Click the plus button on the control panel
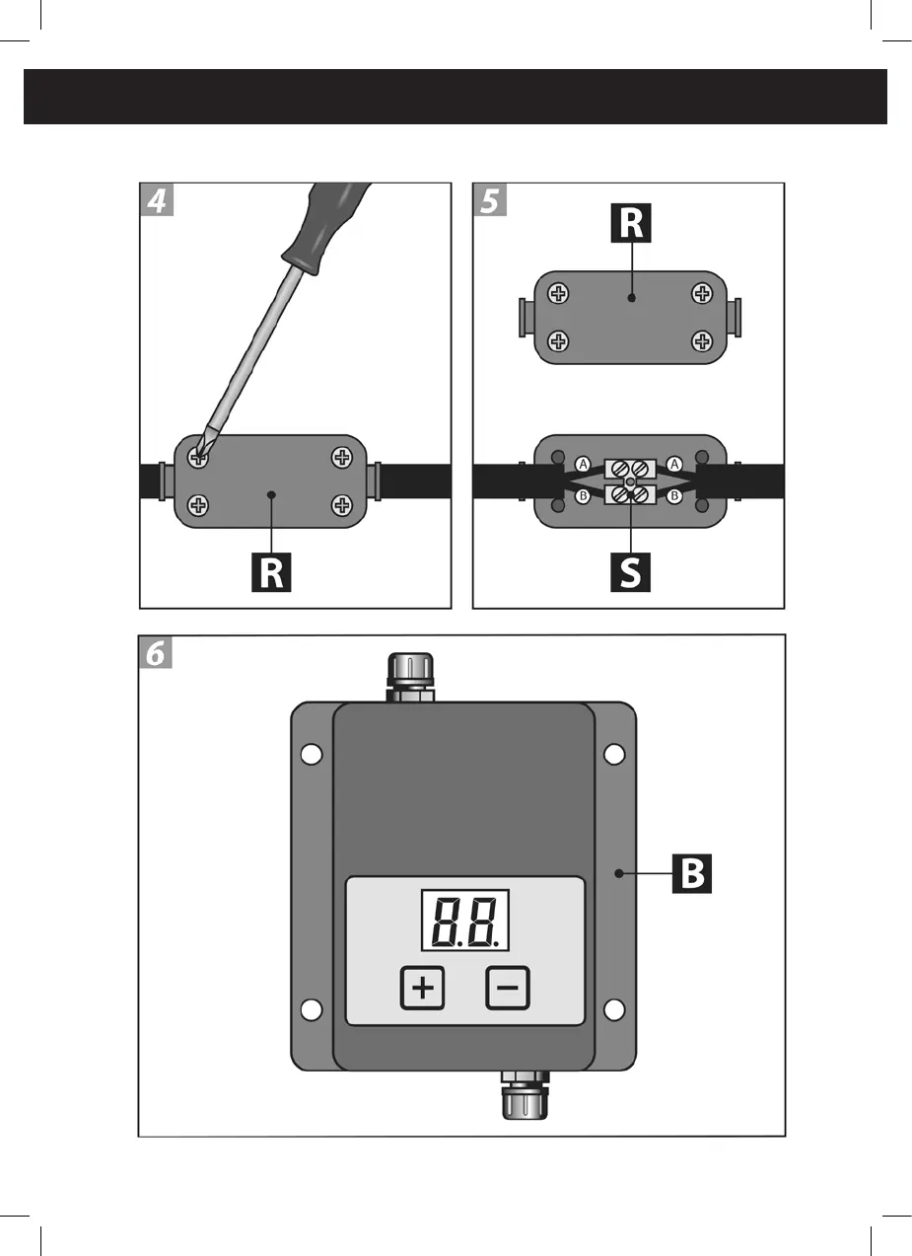pos(423,988)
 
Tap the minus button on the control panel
pos(508,988)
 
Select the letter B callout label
pos(690,874)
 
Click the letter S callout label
pos(630,571)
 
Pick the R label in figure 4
pos(273,571)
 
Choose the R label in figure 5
pos(631,223)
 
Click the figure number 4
pos(157,201)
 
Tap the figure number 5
pos(490,201)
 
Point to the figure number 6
pos(156,653)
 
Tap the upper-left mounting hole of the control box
pos(312,755)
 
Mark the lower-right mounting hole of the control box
pos(614,1009)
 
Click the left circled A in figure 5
pos(583,464)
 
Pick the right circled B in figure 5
pos(674,495)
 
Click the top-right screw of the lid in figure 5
pos(702,293)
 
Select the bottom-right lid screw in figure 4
pos(342,506)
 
